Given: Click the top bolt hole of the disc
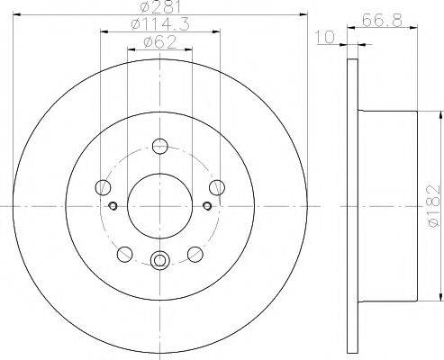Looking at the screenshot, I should pyautogui.click(x=160, y=146).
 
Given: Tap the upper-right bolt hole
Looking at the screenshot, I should pyautogui.click(x=215, y=187).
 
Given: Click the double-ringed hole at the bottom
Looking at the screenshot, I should pyautogui.click(x=160, y=261).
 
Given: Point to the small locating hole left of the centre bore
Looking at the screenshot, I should pyautogui.click(x=113, y=206).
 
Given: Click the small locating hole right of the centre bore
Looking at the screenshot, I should pyautogui.click(x=207, y=206).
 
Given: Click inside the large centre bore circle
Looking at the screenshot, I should pyautogui.click(x=160, y=206).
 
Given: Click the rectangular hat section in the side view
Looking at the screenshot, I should pyautogui.click(x=387, y=206).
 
